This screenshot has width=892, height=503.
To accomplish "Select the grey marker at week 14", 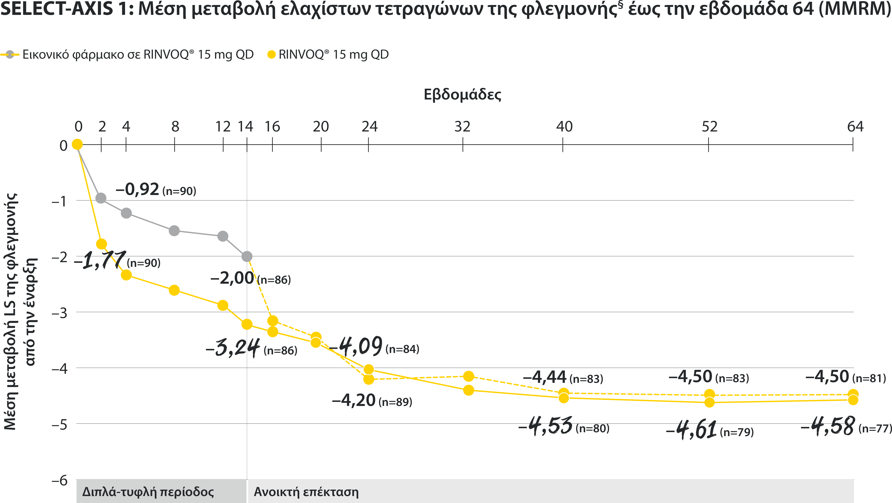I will [x=247, y=257].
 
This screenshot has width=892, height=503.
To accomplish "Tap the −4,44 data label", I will [x=545, y=377].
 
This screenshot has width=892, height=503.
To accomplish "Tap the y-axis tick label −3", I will [x=59, y=313].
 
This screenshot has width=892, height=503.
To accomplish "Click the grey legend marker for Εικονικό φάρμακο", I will [x=10, y=54].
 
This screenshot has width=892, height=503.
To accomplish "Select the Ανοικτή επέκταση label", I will [x=306, y=492].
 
